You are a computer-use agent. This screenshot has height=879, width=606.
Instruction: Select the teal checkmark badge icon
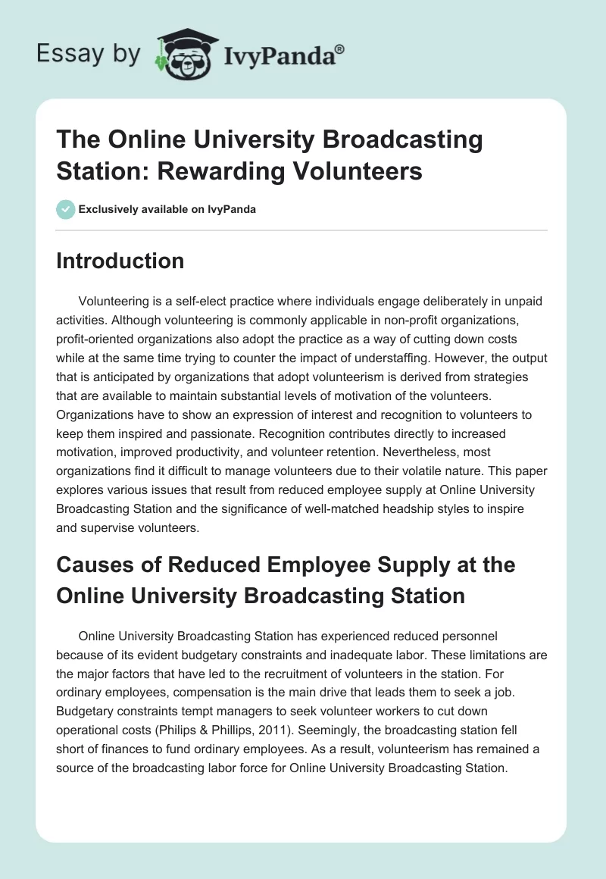pyautogui.click(x=65, y=209)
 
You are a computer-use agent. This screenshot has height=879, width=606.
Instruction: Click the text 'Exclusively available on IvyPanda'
pyautogui.click(x=167, y=209)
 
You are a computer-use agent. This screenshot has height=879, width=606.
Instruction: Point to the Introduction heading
pyautogui.click(x=120, y=261)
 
